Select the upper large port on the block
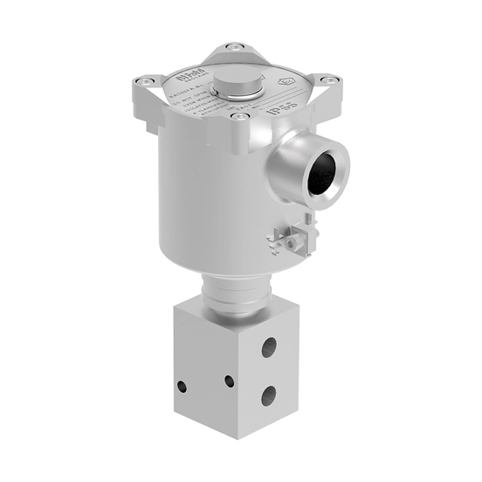click(269, 348)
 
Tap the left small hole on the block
click(182, 385)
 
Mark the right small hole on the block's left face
click(229, 381)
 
